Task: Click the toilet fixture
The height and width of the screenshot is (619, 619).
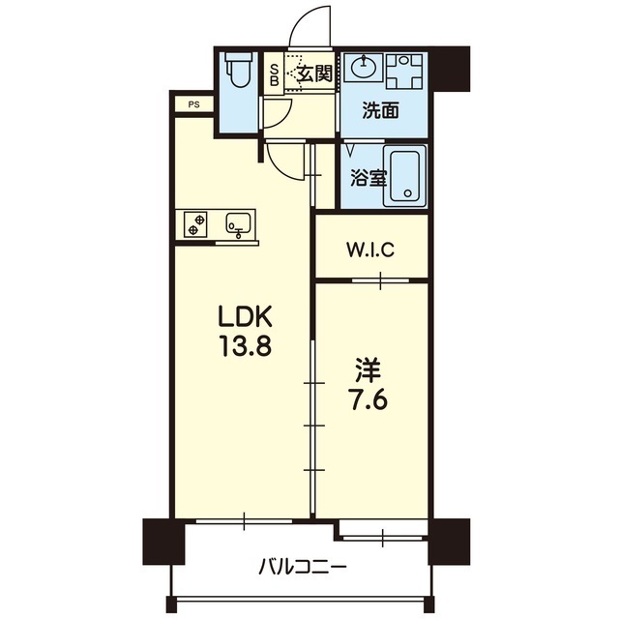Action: point(239,70)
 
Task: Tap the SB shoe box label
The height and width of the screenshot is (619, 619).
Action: point(274,75)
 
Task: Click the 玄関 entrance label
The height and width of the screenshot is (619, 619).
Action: point(314,74)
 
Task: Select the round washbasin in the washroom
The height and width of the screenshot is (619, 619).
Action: point(364,67)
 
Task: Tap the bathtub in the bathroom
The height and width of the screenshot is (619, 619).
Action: point(407,177)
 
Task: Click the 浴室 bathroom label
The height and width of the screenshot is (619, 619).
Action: point(368,179)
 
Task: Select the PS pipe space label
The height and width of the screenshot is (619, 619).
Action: point(193,104)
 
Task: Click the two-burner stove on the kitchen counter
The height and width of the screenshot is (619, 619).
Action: point(195,223)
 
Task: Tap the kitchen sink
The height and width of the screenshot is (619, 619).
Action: point(238,225)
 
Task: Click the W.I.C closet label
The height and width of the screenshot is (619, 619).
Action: point(369,250)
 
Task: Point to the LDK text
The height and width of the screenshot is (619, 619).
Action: point(245,316)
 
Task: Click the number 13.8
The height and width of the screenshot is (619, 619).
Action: point(246,345)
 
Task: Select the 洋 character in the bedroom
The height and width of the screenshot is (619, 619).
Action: point(368,370)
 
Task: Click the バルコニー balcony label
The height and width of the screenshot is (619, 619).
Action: point(303,568)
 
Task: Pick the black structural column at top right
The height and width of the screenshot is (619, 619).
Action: point(450,69)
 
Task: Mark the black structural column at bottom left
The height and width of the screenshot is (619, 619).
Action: point(163,542)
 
